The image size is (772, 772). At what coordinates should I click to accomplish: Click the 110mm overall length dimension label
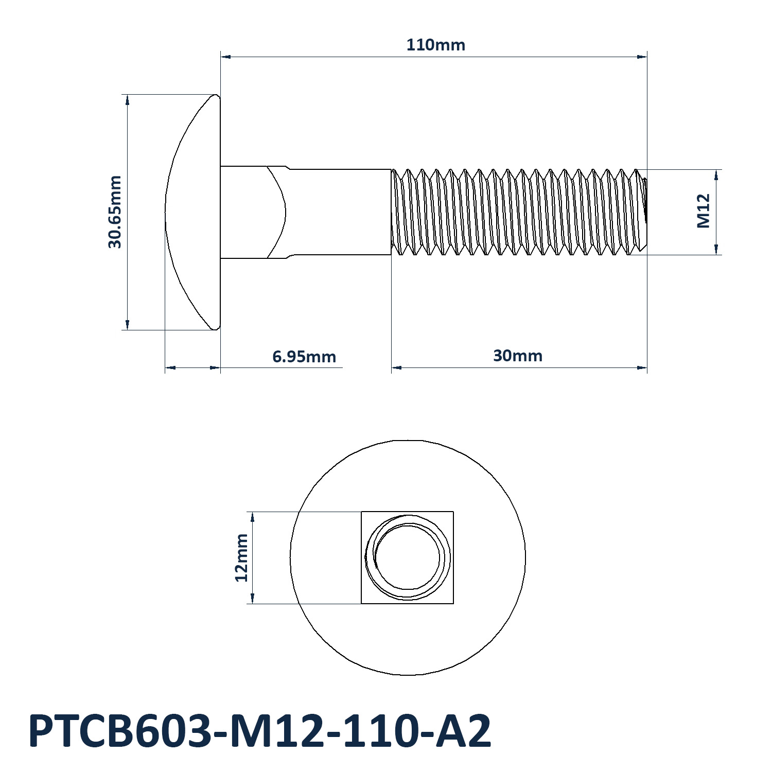pyautogui.click(x=436, y=45)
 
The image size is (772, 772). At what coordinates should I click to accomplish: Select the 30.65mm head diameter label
pyautogui.click(x=115, y=212)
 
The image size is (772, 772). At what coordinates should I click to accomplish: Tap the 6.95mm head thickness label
pyautogui.click(x=304, y=356)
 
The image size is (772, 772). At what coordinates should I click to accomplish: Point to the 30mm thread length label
pyautogui.click(x=518, y=356)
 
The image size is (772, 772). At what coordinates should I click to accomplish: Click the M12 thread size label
pyautogui.click(x=704, y=211)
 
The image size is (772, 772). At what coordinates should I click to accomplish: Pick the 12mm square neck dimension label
pyautogui.click(x=241, y=558)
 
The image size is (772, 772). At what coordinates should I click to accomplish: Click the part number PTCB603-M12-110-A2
pyautogui.click(x=260, y=731)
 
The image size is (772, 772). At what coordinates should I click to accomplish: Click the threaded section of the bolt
pyautogui.click(x=519, y=212)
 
